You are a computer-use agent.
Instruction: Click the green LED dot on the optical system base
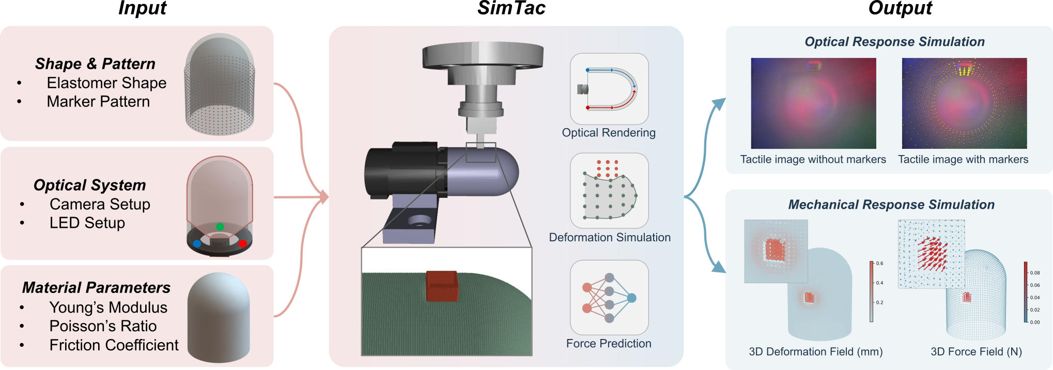(x=220, y=226)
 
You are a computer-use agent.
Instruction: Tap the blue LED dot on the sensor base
(x=197, y=243)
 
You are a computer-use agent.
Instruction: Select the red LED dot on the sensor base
(x=242, y=243)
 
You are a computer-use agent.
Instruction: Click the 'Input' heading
(x=143, y=8)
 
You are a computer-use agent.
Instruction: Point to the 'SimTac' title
(x=511, y=8)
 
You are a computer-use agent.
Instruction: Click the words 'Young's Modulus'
(x=108, y=307)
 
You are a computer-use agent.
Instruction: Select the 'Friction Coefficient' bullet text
(x=114, y=345)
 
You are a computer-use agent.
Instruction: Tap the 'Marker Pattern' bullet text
(x=98, y=102)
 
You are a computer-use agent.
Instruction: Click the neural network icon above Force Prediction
(x=609, y=298)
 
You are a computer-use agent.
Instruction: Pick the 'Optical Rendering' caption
(x=609, y=133)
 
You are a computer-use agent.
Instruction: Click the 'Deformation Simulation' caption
(x=610, y=238)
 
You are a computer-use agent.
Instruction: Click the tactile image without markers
(x=813, y=103)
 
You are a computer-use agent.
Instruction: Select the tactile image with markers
(x=964, y=103)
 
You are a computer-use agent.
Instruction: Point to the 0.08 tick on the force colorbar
(x=1034, y=273)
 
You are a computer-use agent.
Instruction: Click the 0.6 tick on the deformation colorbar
(x=879, y=264)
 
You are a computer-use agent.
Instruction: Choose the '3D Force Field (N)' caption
(x=976, y=352)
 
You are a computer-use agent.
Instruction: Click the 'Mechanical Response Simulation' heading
(x=891, y=205)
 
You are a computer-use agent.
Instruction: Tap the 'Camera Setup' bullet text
(x=100, y=204)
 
